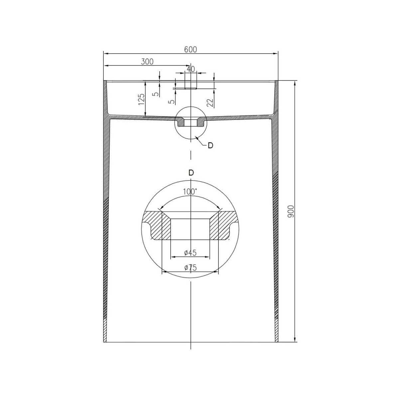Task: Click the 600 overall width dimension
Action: pos(191,50)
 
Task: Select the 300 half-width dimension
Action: pos(147,62)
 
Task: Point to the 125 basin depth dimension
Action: pos(141,99)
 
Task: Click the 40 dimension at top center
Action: pos(191,69)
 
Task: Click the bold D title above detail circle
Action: pos(191,173)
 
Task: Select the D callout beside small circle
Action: pos(210,145)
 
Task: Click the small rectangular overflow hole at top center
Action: pos(191,81)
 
